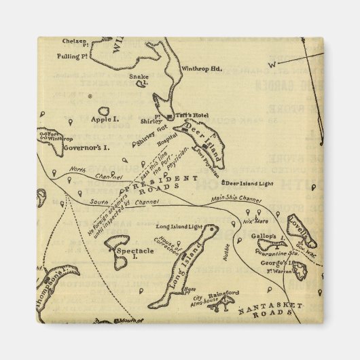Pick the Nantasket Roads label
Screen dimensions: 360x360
[269, 309]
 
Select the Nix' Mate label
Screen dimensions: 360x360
[257, 221]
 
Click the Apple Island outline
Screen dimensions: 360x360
[105, 111]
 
